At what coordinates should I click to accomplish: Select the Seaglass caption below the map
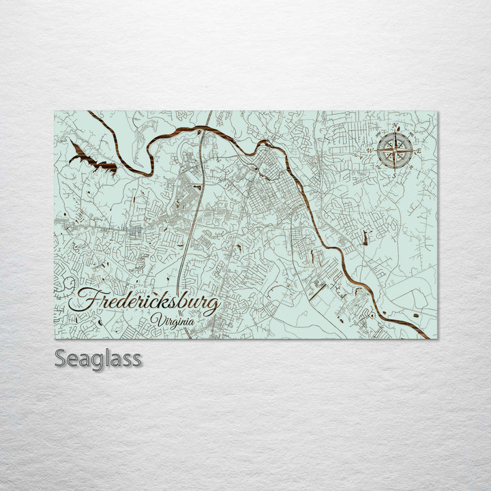(x=98, y=358)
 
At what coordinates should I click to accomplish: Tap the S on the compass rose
(x=394, y=175)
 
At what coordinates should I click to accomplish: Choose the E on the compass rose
(x=419, y=150)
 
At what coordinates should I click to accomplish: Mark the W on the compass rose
(x=370, y=149)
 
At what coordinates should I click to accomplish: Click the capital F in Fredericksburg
(x=85, y=299)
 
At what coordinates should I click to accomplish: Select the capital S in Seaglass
(x=61, y=358)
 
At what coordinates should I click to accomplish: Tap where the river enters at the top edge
(x=89, y=113)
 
